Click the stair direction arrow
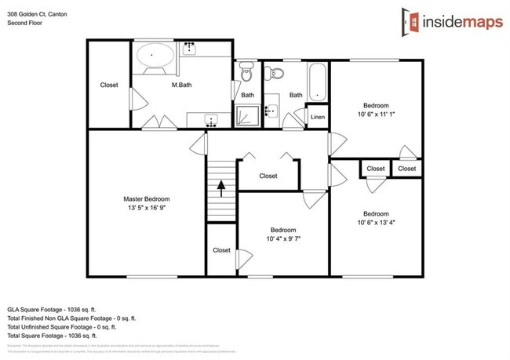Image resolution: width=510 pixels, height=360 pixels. (x=221, y=187)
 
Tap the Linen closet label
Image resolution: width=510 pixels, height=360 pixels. (x=318, y=117)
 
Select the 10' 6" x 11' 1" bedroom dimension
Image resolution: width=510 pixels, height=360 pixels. (x=375, y=114)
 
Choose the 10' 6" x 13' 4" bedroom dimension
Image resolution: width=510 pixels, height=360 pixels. (x=375, y=223)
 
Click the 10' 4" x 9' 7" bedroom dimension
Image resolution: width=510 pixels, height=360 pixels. (x=283, y=238)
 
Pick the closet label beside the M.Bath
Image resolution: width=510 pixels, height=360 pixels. (x=109, y=85)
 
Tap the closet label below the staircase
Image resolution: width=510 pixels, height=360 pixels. (x=221, y=250)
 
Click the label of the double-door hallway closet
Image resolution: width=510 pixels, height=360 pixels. (x=268, y=176)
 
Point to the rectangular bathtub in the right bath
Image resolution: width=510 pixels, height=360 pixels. (x=316, y=81)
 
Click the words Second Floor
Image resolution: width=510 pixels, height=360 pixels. (x=26, y=23)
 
